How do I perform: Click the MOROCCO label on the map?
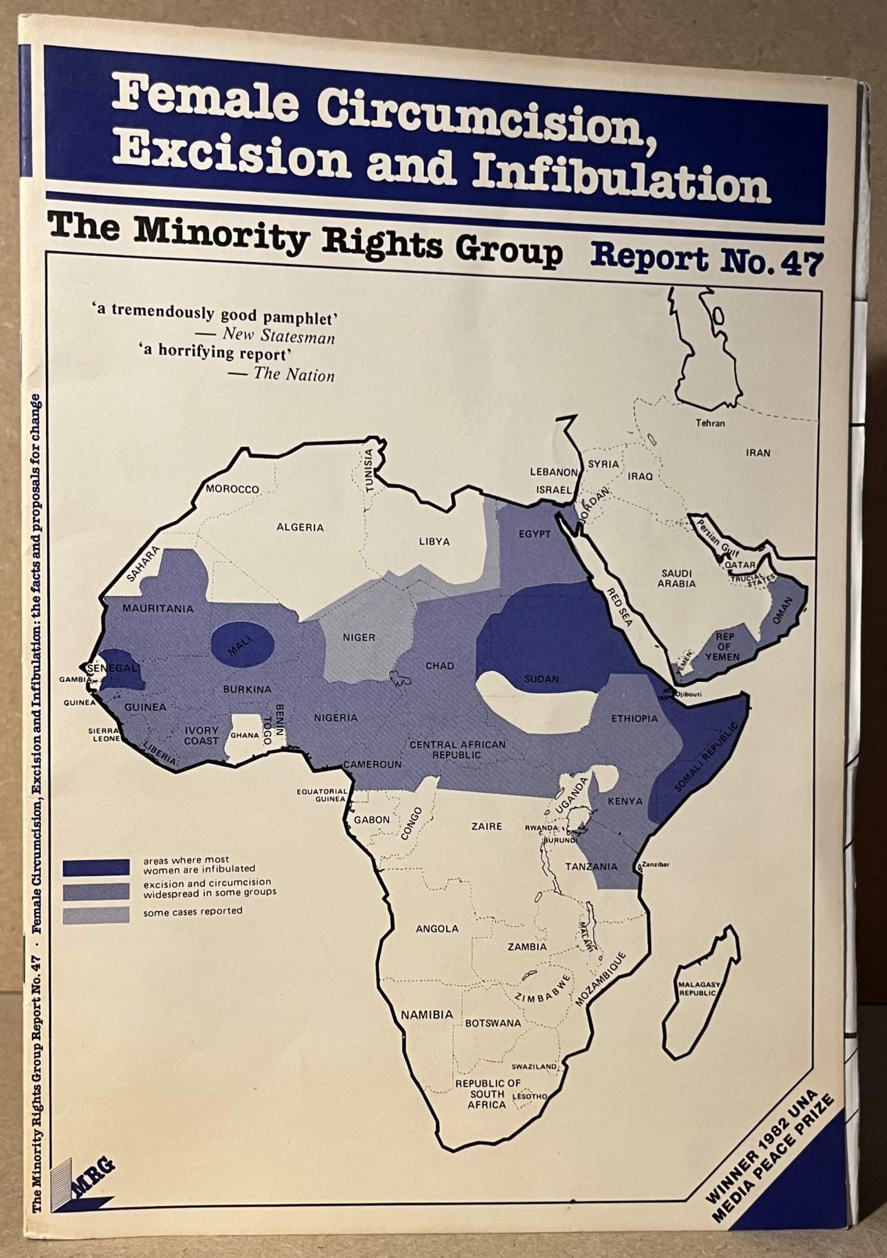(232, 489)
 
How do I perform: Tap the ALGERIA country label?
(300, 527)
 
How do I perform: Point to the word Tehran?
(710, 423)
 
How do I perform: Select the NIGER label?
(359, 637)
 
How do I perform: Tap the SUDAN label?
(542, 679)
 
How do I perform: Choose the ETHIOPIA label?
(634, 718)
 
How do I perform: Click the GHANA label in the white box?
(245, 735)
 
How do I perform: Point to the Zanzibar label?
(656, 865)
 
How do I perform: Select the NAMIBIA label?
(427, 1015)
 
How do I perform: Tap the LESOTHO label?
(530, 1096)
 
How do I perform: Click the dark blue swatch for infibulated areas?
(96, 867)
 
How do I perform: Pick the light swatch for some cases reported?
(96, 915)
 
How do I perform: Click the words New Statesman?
(278, 337)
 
